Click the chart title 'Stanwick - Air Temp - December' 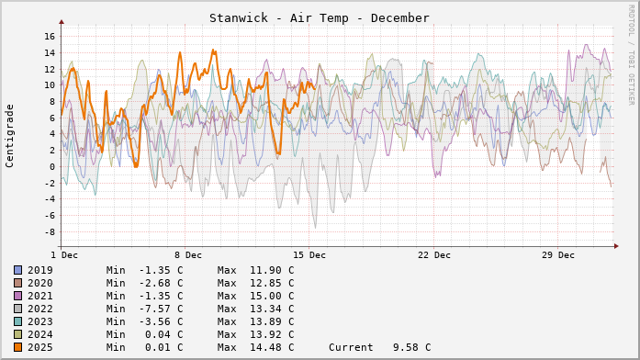(x=319, y=18)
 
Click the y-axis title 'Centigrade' (x=10, y=135)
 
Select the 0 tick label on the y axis (x=52, y=166)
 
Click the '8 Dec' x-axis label (x=187, y=254)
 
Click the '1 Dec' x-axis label (x=63, y=254)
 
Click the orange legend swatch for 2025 (x=17, y=347)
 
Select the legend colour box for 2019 (x=17, y=270)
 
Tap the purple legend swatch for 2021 (x=17, y=296)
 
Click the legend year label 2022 (x=40, y=309)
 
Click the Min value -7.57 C (x=145, y=309)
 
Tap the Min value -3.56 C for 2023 (x=145, y=321)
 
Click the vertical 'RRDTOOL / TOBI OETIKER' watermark (x=631, y=54)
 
